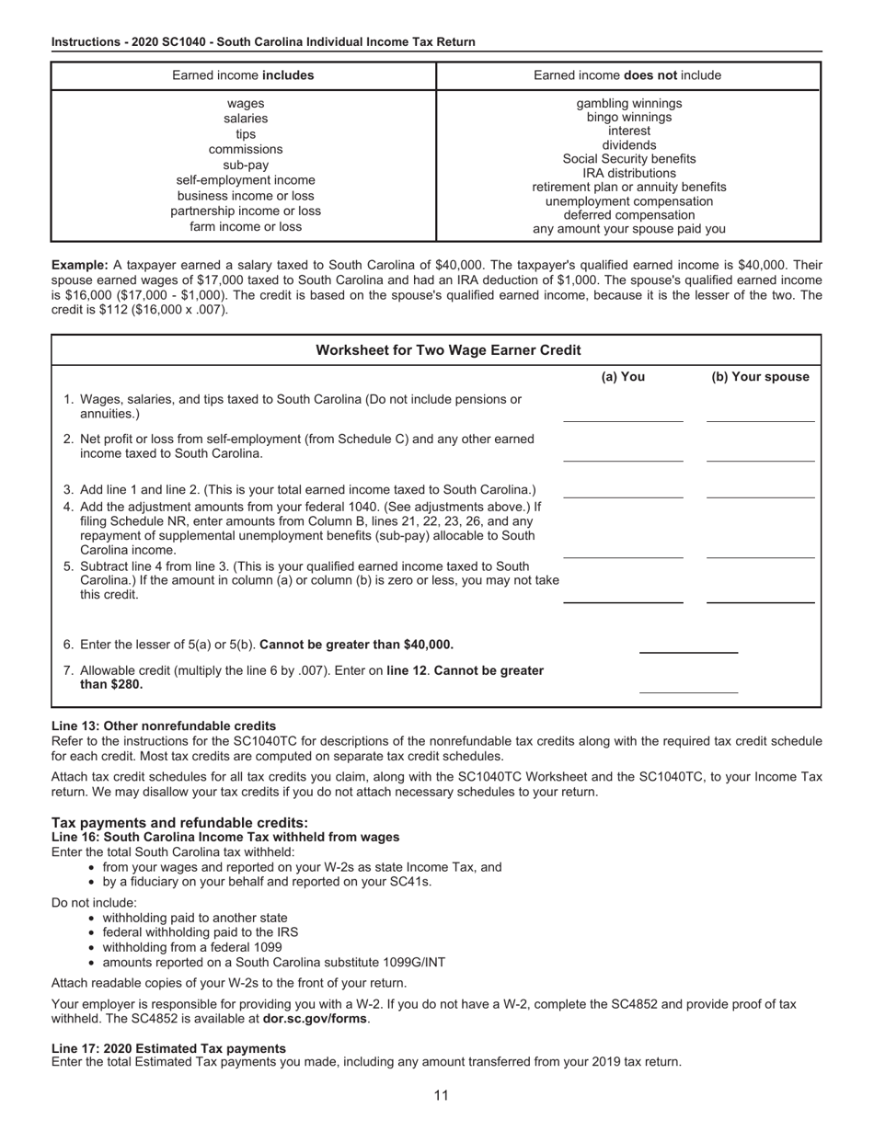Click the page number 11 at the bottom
[441, 1095]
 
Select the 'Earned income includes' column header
[243, 75]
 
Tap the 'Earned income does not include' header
[627, 75]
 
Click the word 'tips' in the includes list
[246, 134]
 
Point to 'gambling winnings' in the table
[629, 103]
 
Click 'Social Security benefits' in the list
[629, 159]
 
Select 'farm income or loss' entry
[246, 226]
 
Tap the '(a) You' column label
[623, 377]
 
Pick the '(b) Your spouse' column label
[760, 377]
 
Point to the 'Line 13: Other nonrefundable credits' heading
[164, 725]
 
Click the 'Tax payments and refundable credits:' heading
[180, 822]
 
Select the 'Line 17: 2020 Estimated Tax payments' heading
[168, 1048]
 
